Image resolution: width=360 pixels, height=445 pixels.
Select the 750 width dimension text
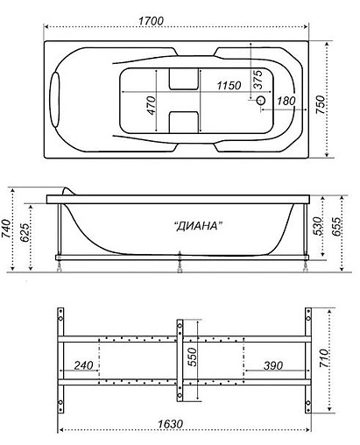click(x=322, y=104)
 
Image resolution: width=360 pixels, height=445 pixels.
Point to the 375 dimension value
click(x=257, y=78)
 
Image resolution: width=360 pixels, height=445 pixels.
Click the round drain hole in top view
click(x=259, y=101)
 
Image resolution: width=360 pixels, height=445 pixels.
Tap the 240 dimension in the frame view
click(x=85, y=364)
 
